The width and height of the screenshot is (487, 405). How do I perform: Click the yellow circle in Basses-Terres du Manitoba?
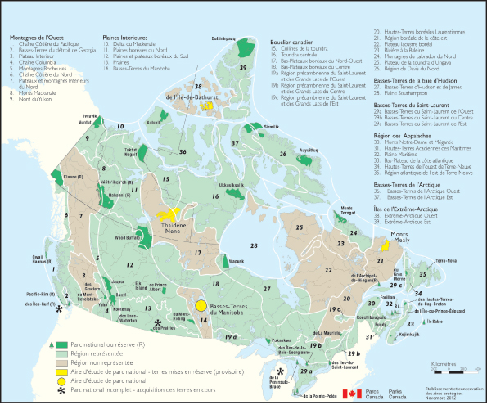(x=201, y=307)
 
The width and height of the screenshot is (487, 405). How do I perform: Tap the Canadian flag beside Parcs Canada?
(x=352, y=394)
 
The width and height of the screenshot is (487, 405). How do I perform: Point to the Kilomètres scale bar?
(x=447, y=370)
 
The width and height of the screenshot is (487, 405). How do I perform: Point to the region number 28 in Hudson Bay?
(x=255, y=245)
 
